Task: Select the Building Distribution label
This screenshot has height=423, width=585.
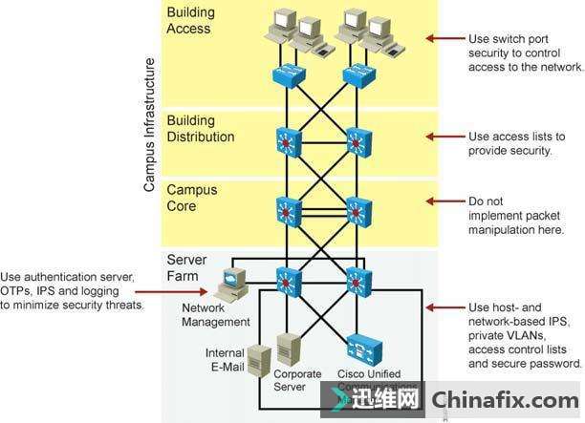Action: (200, 129)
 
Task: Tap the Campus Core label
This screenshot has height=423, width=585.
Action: (194, 199)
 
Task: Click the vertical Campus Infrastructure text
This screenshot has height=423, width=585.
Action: (149, 124)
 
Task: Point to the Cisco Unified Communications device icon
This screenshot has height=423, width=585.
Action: (361, 346)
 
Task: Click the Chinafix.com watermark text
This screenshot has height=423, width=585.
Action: (504, 398)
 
